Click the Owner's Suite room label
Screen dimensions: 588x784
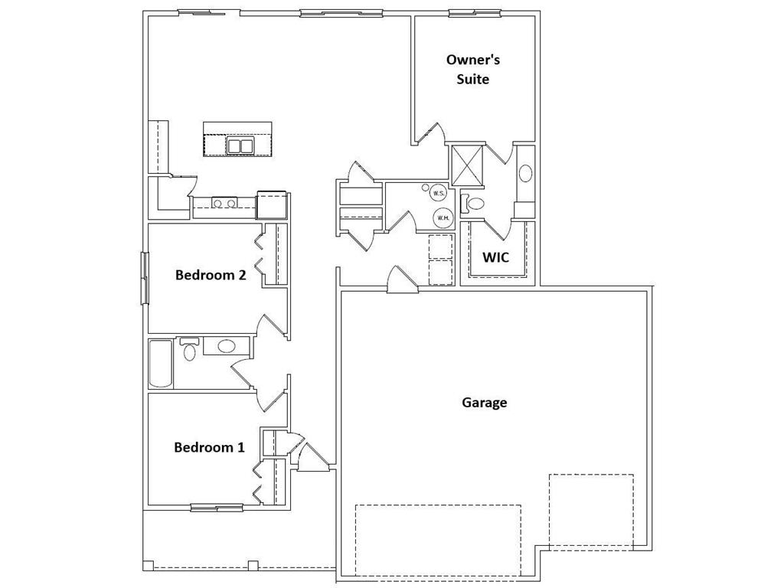(473, 69)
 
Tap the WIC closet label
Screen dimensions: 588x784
(495, 257)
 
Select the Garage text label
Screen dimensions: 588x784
(484, 402)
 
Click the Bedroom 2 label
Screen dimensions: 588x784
(211, 275)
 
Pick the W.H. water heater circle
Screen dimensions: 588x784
(443, 217)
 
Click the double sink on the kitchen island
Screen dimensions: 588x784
(240, 145)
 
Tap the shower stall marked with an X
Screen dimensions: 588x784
(467, 164)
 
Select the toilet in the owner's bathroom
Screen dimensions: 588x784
(474, 204)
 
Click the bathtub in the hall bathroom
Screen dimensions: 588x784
(161, 364)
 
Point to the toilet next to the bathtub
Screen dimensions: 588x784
(189, 349)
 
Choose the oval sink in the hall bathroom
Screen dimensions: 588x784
(227, 346)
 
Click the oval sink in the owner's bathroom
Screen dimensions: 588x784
(525, 173)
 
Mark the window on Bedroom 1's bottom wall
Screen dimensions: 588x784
(217, 507)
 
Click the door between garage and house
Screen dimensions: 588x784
(402, 281)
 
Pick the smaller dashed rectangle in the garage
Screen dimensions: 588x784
(590, 509)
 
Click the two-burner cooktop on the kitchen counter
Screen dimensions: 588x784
(224, 204)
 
